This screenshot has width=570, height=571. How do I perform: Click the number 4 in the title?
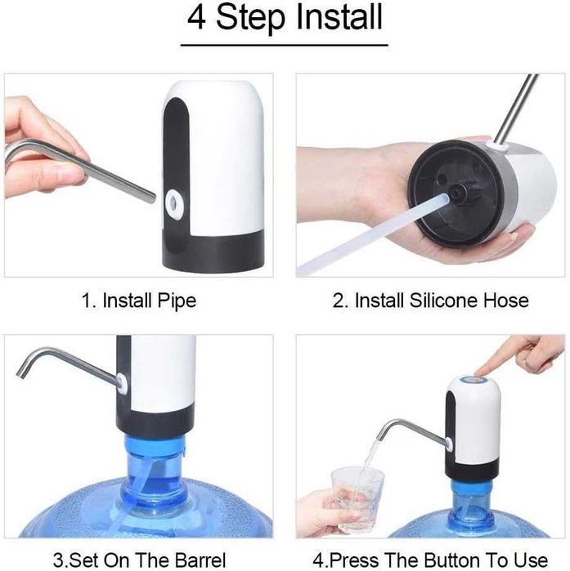(197, 18)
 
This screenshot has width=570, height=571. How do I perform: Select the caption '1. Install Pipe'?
(138, 301)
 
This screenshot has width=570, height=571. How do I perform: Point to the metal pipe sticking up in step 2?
(515, 106)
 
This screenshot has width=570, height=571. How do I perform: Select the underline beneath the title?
(285, 46)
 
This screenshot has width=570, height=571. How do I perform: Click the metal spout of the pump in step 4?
(409, 427)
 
